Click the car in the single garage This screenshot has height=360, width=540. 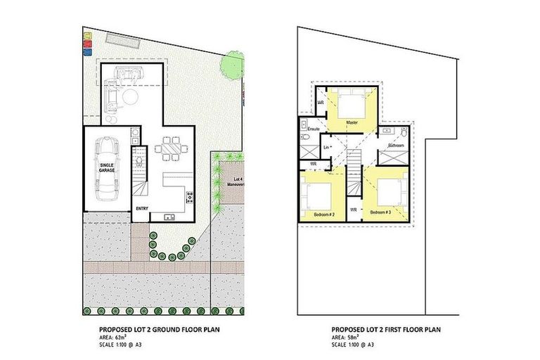(108, 168)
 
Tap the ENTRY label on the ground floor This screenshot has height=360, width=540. (142, 209)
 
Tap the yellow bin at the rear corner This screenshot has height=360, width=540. (86, 36)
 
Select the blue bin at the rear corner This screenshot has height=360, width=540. (86, 51)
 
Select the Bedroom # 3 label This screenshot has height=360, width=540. (380, 212)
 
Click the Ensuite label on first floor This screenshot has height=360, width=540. (313, 129)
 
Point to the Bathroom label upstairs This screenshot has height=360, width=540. (396, 146)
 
